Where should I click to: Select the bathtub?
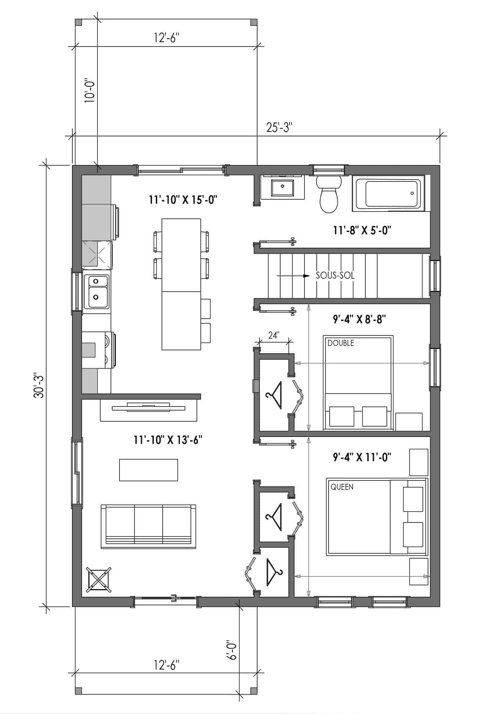coord(390,193)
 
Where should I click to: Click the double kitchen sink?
coord(97,292)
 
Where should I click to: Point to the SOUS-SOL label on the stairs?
coord(335,276)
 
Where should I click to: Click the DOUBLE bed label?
coord(341,343)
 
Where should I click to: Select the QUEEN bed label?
coord(342,487)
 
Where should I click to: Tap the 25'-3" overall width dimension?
coord(279,128)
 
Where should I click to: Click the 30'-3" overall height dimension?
coord(39,385)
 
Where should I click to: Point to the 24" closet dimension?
coord(273,335)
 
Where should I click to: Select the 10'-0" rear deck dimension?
coord(89,90)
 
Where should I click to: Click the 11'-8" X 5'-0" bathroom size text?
coord(362,231)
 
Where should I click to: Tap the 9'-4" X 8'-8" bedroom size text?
coord(359,319)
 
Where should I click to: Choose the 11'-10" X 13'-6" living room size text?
coord(168,440)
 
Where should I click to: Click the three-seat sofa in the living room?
coord(149,526)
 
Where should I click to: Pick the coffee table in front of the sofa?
coord(149,470)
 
